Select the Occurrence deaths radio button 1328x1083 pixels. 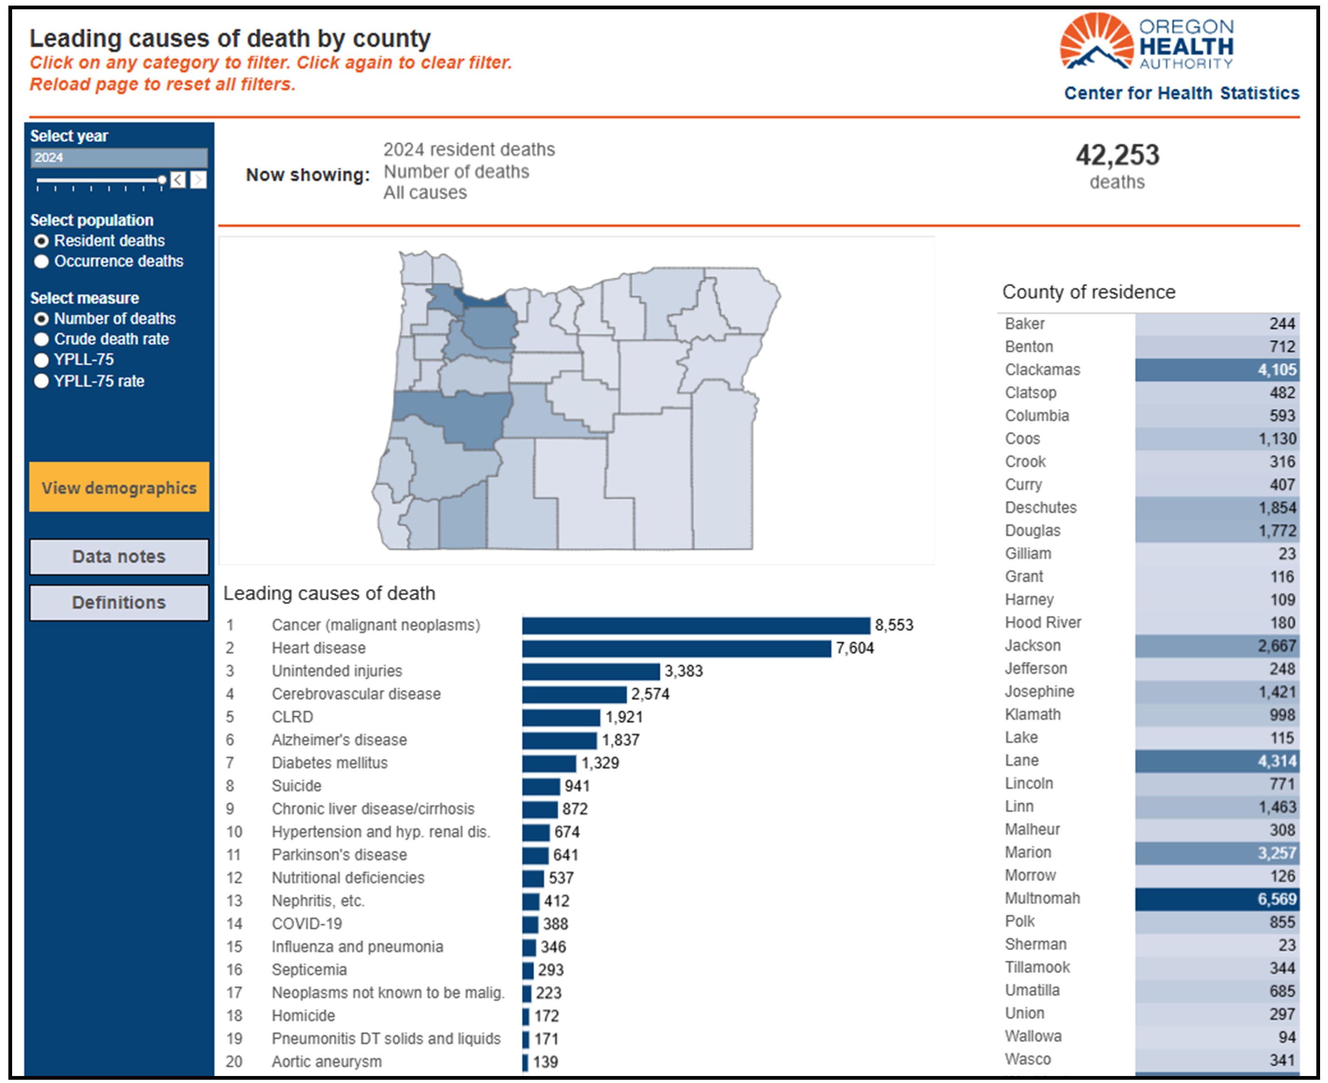41,261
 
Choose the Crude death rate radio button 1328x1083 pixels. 41,340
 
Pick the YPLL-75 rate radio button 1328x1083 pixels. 41,381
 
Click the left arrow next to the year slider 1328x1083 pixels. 178,180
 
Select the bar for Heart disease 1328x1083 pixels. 677,649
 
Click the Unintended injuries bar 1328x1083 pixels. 591,671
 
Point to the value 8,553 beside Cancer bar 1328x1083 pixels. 894,625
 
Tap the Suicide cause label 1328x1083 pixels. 296,786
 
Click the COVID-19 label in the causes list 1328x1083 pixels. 307,924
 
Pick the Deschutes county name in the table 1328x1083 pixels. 1041,508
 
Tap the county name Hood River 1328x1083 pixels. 1043,623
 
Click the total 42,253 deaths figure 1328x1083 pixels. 1117,155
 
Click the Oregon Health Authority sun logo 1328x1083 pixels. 1096,41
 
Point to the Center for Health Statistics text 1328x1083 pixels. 1181,93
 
